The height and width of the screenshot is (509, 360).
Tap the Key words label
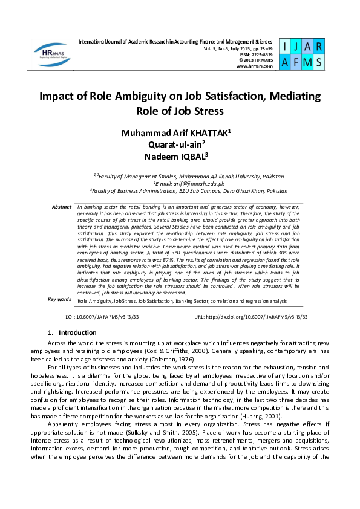(59, 299)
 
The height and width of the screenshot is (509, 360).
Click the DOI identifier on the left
(102, 316)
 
